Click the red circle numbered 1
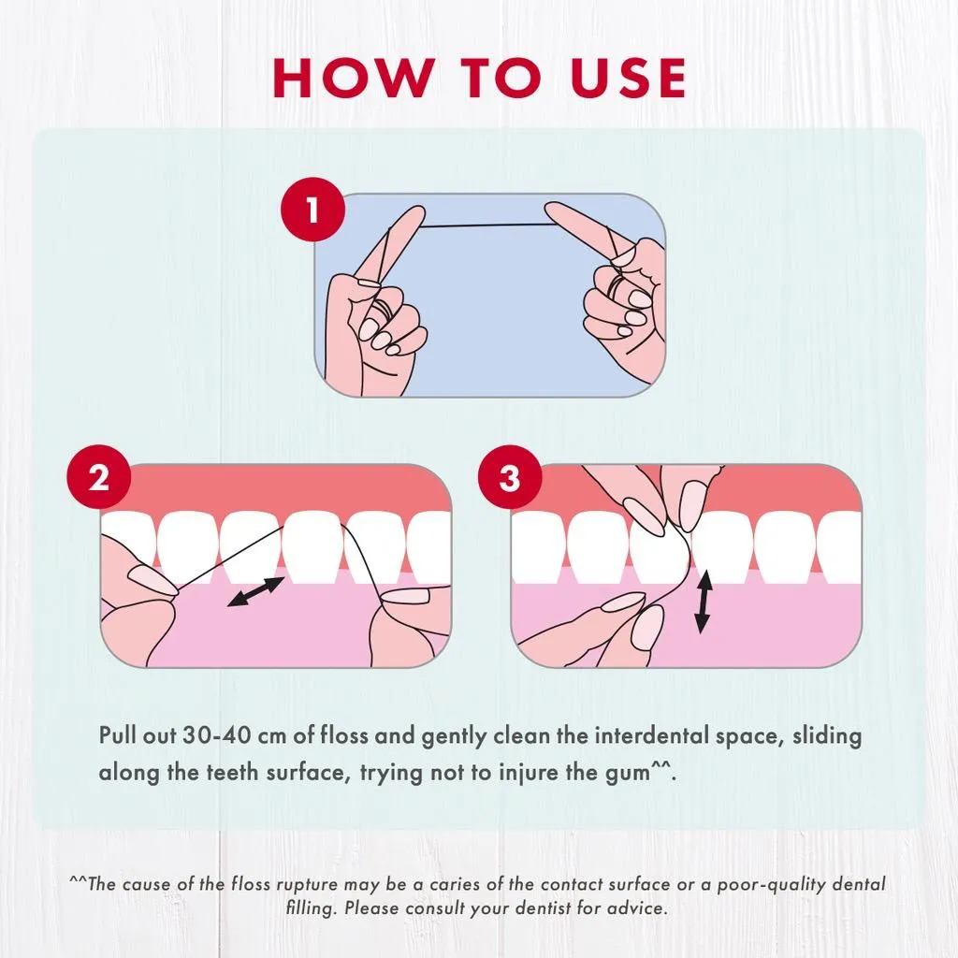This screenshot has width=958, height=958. (312, 209)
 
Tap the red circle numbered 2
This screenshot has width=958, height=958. (99, 476)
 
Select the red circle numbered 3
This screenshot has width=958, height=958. (510, 476)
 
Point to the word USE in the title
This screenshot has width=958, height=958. (628, 78)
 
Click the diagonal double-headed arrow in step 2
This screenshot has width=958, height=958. (255, 591)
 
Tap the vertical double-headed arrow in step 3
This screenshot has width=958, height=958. (704, 602)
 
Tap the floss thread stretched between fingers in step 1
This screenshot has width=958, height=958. (488, 225)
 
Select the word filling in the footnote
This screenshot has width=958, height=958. (311, 908)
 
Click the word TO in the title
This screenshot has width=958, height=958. (501, 78)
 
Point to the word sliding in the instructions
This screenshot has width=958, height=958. (827, 736)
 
